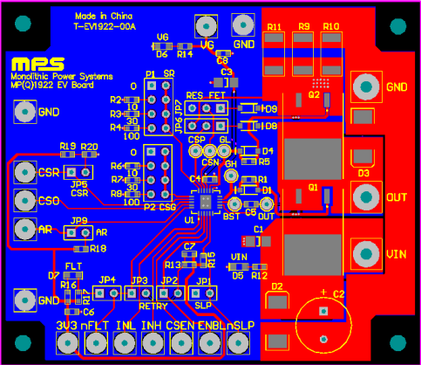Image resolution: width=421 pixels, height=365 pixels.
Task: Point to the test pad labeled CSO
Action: (24, 201)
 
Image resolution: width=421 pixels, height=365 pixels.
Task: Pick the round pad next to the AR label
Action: (24, 231)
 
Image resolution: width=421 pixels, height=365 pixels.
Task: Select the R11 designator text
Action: (273, 28)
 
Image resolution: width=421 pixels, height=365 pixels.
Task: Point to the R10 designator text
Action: (330, 28)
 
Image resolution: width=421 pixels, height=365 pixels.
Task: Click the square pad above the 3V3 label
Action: (66, 347)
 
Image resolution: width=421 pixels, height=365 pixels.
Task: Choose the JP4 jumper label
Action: (108, 280)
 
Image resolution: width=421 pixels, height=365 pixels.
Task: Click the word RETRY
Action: (153, 306)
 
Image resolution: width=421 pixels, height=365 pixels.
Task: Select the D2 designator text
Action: (278, 286)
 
